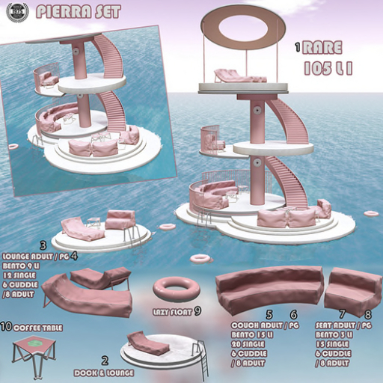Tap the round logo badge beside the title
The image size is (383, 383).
click(x=16, y=11)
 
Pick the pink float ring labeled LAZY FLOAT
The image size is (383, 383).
click(x=174, y=287)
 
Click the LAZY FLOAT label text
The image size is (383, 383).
click(x=171, y=310)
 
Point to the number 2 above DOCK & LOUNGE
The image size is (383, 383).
click(x=105, y=360)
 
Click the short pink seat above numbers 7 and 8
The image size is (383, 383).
click(x=349, y=288)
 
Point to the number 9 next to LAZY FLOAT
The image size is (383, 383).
click(x=197, y=310)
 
